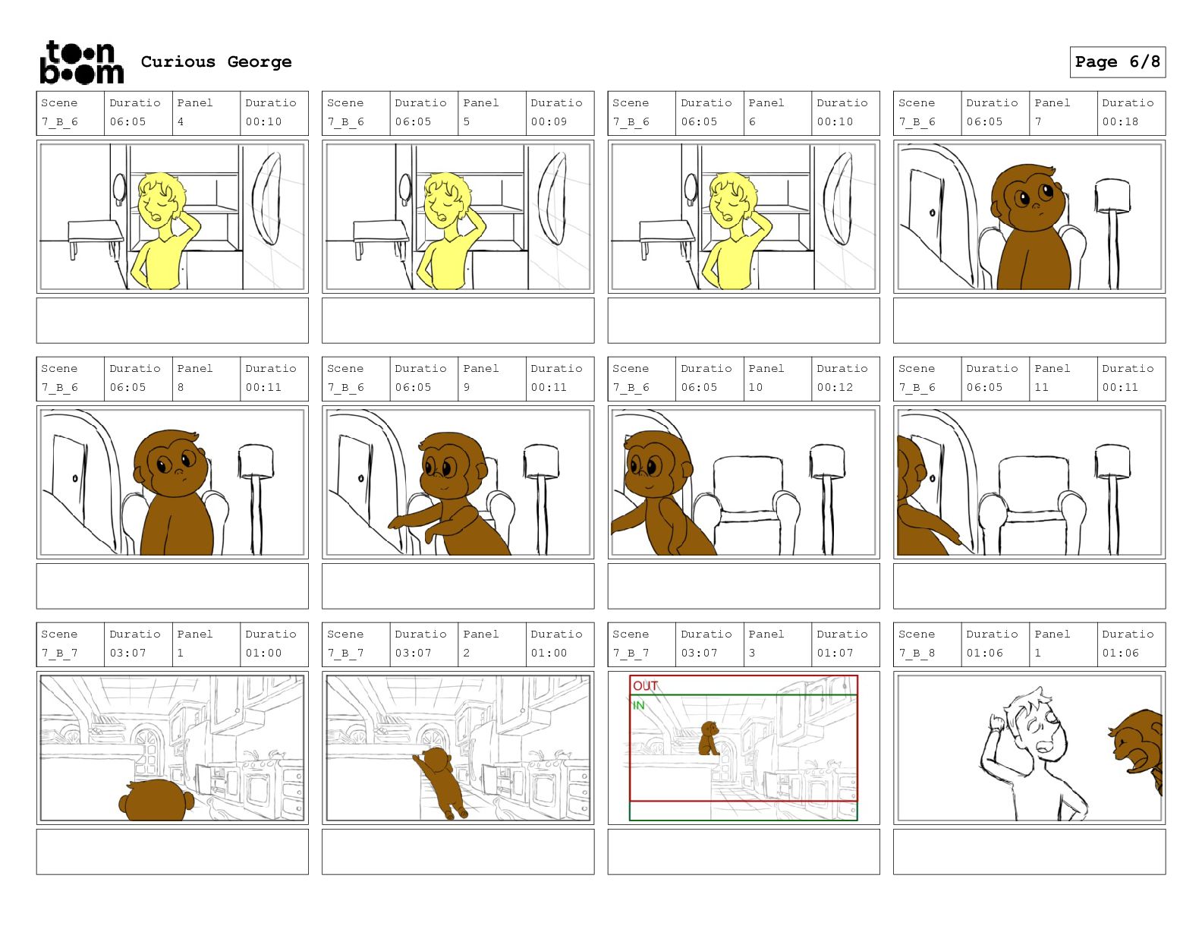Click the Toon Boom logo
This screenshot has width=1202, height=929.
click(x=81, y=62)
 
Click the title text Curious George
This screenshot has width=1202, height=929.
click(x=216, y=61)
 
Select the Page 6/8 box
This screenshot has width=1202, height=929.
click(x=1117, y=62)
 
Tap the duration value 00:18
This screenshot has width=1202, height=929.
click(x=1119, y=121)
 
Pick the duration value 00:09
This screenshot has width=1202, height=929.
click(x=548, y=121)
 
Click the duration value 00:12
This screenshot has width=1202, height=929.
click(x=834, y=387)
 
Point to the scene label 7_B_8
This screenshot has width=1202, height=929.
click(x=916, y=653)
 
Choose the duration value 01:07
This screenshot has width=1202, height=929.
click(x=834, y=653)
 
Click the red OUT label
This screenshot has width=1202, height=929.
click(x=645, y=685)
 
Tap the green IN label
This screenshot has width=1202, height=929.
click(x=638, y=705)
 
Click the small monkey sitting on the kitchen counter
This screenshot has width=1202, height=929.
click(x=709, y=738)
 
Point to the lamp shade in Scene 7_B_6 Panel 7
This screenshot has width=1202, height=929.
click(x=1112, y=195)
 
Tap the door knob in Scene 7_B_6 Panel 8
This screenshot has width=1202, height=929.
click(x=74, y=478)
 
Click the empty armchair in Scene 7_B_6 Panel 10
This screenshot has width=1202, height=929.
click(x=746, y=503)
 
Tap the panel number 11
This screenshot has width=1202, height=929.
click(x=1041, y=387)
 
